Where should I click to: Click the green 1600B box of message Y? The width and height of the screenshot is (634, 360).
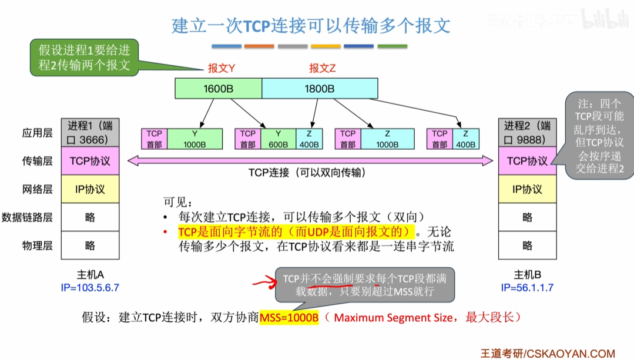(x=218, y=89)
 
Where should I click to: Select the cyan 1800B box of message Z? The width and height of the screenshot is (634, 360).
(x=319, y=89)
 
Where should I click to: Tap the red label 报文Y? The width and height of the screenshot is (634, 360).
(x=222, y=68)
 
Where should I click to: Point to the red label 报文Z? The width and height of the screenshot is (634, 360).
(x=323, y=68)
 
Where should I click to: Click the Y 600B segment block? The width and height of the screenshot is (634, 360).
(x=279, y=139)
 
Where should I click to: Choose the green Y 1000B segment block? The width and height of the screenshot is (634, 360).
(x=195, y=139)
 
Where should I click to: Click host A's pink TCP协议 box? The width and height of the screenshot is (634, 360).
(x=90, y=160)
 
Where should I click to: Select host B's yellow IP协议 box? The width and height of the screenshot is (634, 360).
(x=527, y=189)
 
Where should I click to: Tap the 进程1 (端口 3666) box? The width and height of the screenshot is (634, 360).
(x=90, y=132)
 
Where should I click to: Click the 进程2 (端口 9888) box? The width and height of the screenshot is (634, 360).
(x=527, y=132)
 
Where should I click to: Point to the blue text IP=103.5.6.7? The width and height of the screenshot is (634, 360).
(x=89, y=288)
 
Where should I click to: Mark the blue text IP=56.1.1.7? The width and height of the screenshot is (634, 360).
(x=527, y=288)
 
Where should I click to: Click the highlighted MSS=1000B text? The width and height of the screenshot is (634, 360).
(x=289, y=318)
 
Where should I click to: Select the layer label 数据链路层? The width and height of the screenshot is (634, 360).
(x=27, y=217)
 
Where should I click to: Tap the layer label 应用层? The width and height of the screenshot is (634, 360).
(x=37, y=133)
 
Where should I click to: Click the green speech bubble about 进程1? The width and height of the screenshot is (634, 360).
(x=85, y=58)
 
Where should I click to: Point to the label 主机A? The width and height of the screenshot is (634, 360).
(x=89, y=274)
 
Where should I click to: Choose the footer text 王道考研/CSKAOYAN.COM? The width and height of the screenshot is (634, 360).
(x=548, y=353)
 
